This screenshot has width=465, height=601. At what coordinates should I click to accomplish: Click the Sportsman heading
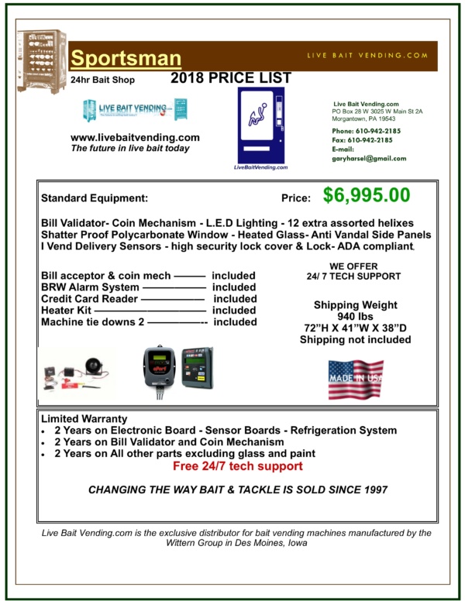click(126, 59)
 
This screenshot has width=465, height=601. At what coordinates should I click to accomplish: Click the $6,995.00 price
click(367, 196)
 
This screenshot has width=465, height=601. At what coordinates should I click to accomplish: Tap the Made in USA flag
click(356, 379)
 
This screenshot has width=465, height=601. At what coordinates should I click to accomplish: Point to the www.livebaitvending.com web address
click(135, 137)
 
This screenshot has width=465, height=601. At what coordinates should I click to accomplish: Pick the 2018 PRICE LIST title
click(231, 78)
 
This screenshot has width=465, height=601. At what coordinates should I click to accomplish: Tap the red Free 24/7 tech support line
click(237, 466)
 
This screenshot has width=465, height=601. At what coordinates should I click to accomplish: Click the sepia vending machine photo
click(42, 61)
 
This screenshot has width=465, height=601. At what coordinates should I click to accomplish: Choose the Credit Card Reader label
click(89, 298)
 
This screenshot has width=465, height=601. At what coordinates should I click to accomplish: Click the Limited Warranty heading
click(84, 418)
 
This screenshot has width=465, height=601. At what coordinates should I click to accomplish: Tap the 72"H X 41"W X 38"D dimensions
click(356, 328)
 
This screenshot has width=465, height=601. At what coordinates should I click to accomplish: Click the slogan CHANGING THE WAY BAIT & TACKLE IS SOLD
click(237, 489)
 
